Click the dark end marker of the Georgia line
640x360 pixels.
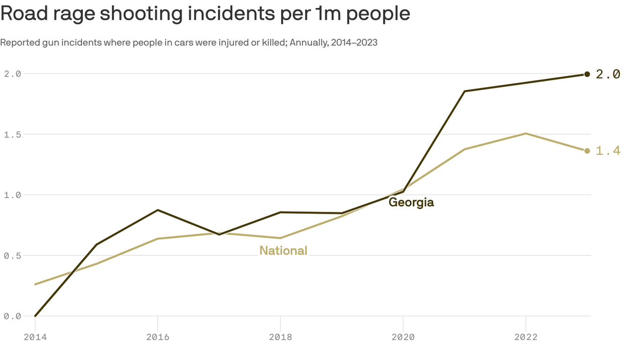pos(587,74)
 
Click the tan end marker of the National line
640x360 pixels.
pos(587,150)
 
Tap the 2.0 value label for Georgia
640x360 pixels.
pos(608,74)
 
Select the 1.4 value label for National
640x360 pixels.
pos(608,150)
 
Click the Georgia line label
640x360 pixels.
pos(411,202)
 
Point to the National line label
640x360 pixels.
pos(283,251)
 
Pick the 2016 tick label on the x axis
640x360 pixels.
pos(158,337)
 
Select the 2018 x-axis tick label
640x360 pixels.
pos(280,337)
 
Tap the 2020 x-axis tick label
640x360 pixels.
pos(403,337)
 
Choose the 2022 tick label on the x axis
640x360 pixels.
pos(526,337)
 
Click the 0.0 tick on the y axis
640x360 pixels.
pos(12,316)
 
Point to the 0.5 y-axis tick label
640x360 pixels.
pos(12,255)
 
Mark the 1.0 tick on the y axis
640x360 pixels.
pos(12,195)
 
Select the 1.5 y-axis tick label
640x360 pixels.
pos(12,135)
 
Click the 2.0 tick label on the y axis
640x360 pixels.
pos(12,74)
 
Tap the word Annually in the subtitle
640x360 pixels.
pos(308,43)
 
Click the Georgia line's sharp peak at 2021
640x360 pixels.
pos(464,91)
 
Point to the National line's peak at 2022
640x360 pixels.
pos(526,134)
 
